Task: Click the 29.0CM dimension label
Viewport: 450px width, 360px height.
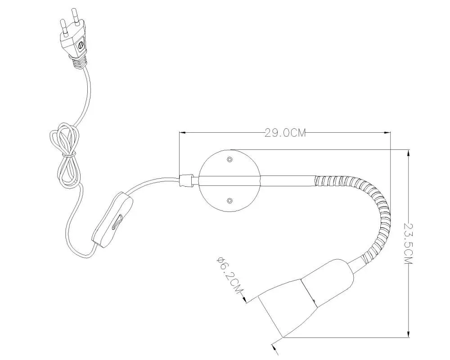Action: point(285,133)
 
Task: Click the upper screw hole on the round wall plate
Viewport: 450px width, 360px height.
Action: point(229,159)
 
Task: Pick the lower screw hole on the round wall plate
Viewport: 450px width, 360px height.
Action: point(229,200)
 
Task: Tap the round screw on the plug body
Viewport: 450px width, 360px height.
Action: point(81,45)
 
